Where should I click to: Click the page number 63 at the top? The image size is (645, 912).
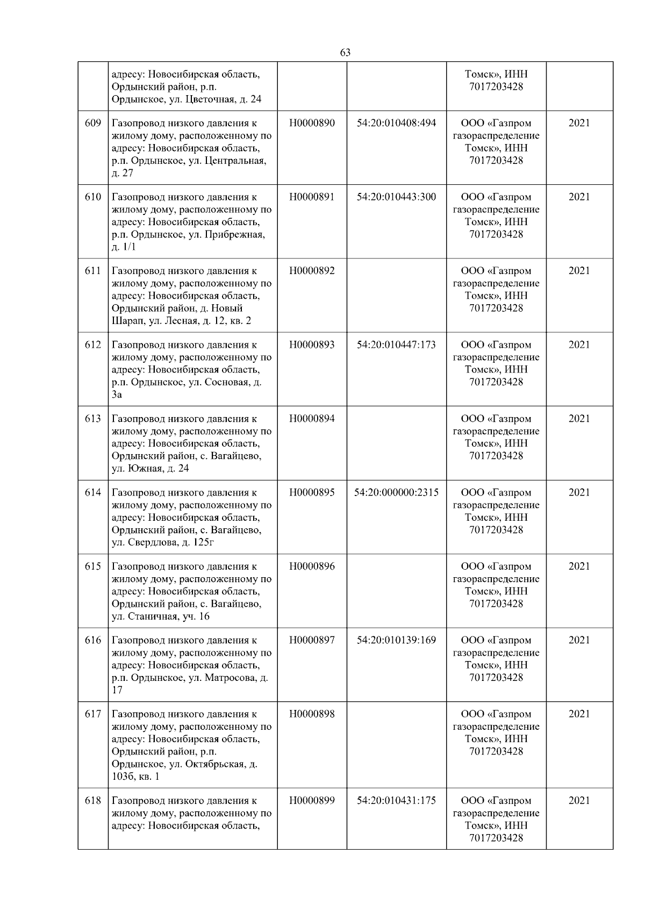(x=345, y=52)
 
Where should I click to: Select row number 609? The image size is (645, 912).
(x=93, y=123)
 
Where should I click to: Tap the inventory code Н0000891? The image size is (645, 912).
(x=311, y=197)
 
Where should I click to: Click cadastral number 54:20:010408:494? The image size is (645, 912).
(x=396, y=123)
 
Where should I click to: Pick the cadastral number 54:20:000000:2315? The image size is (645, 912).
(x=396, y=493)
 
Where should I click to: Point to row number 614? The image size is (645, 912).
(x=93, y=493)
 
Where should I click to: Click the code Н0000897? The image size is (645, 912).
(x=311, y=641)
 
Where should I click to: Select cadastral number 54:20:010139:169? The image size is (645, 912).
(x=396, y=641)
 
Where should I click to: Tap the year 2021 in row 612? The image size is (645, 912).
(x=579, y=345)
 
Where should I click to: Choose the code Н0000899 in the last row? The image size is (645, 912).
(x=311, y=801)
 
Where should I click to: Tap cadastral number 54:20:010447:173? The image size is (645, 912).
(x=396, y=345)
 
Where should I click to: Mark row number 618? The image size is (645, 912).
(x=93, y=801)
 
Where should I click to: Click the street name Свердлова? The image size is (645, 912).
(x=152, y=542)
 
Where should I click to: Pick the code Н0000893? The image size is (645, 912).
(x=311, y=345)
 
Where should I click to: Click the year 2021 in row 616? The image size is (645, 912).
(x=579, y=641)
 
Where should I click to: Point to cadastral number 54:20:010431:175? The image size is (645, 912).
(x=396, y=801)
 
